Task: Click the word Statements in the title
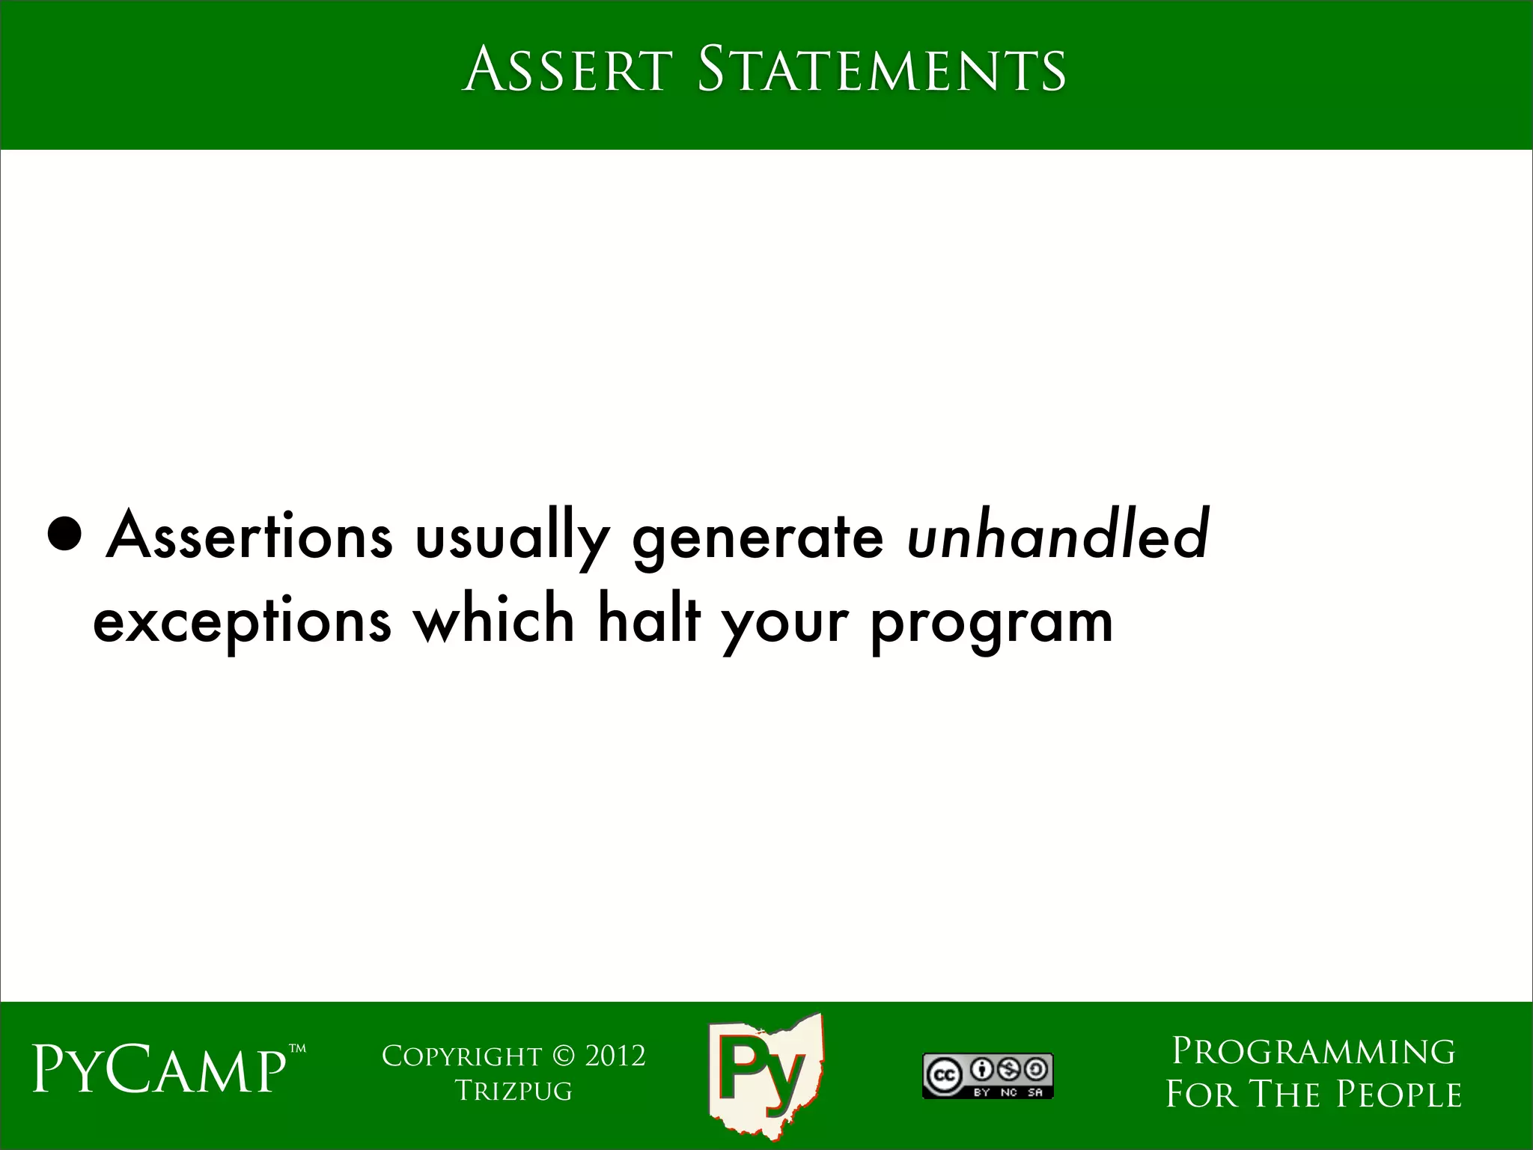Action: click(x=881, y=70)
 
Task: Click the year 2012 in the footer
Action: click(x=615, y=1056)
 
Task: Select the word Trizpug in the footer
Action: click(x=513, y=1091)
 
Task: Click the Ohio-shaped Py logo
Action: click(x=765, y=1077)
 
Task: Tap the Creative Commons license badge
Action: click(x=987, y=1076)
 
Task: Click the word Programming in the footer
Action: click(x=1313, y=1051)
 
